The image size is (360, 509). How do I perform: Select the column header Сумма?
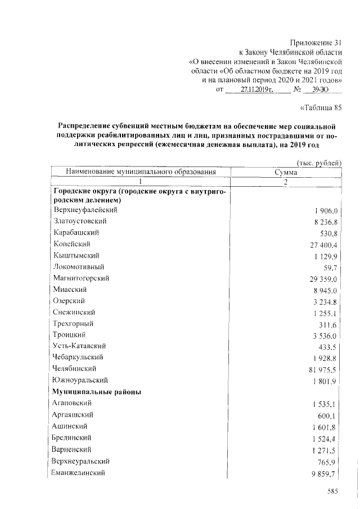(286, 172)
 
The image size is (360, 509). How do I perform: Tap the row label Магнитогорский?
(81, 278)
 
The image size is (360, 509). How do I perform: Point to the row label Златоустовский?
(80, 222)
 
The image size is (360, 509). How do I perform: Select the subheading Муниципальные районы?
(97, 391)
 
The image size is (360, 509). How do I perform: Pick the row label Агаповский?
(73, 403)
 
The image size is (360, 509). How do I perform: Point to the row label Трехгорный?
(74, 323)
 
